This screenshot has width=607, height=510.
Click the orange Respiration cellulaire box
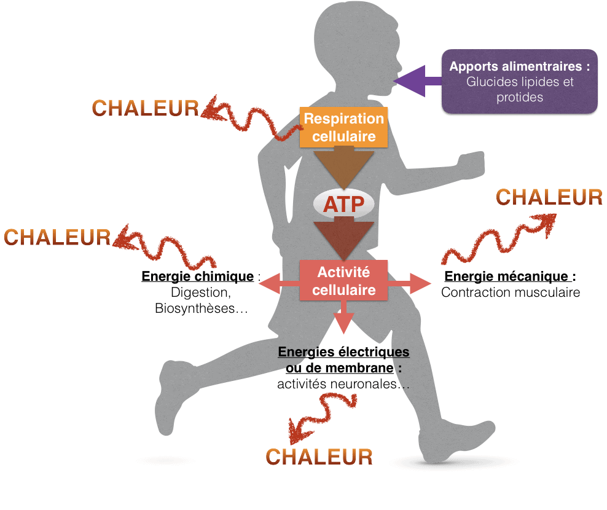click(344, 127)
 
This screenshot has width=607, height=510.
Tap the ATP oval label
click(344, 204)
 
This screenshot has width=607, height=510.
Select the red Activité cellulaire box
click(344, 280)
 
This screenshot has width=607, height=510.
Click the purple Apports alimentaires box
click(520, 81)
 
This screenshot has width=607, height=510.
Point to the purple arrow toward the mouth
click(417, 81)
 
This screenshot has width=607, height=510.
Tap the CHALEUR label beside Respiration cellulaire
click(145, 108)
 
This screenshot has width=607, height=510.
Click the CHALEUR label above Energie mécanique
click(549, 197)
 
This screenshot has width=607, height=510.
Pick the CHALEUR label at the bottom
click(319, 457)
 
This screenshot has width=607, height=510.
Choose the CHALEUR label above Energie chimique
click(57, 237)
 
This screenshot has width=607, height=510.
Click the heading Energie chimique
click(197, 277)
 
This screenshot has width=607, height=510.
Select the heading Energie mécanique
click(506, 277)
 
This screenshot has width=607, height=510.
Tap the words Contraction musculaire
click(511, 292)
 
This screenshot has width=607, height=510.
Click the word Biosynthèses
click(195, 308)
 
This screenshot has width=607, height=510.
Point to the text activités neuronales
click(337, 384)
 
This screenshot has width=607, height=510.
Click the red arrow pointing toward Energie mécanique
click(409, 283)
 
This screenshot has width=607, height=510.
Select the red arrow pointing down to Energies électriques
click(344, 317)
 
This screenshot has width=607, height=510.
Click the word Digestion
click(200, 292)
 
